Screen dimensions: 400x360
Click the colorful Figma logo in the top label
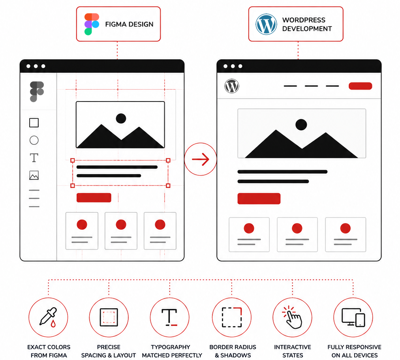92,24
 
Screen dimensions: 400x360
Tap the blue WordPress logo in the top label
266,24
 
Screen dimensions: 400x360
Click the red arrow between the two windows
201,159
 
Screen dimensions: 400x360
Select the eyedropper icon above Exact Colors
48,317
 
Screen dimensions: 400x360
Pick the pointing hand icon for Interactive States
293,317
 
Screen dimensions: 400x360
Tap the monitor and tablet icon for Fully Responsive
353,317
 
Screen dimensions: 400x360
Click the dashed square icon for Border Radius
232,317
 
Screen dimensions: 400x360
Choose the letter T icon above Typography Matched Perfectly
169,317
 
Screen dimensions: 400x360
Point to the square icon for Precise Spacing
109,317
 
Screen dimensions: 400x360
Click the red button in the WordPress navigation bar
360,86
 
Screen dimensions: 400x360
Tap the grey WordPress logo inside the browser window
232,86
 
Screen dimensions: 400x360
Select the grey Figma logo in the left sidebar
37,92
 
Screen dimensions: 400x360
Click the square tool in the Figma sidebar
34,123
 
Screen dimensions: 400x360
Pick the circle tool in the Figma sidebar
34,140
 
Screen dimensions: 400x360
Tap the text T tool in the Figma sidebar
34,158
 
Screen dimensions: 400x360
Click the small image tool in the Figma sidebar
34,175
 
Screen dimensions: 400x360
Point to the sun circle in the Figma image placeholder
121,118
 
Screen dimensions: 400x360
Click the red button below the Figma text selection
94,198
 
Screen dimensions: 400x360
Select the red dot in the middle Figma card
121,225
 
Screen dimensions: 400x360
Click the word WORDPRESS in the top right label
304,20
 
